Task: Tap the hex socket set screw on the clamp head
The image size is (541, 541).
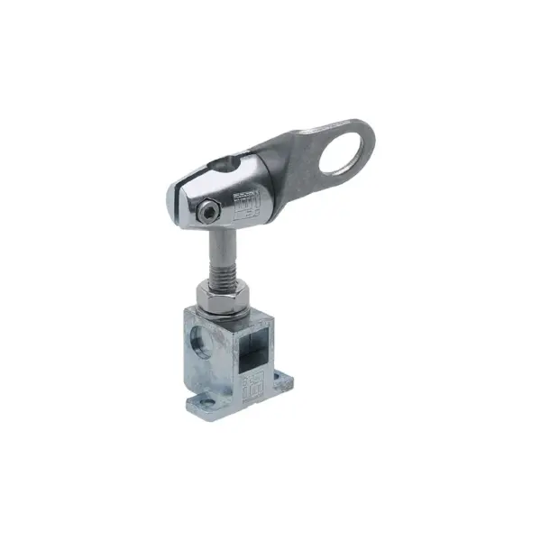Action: pyautogui.click(x=209, y=211)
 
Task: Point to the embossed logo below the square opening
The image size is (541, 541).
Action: pyautogui.click(x=252, y=383)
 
